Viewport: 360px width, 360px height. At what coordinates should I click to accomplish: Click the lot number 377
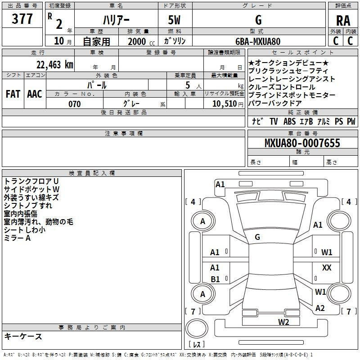pyautogui.click(x=22, y=18)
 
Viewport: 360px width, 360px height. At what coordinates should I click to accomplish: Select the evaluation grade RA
pyautogui.click(x=343, y=21)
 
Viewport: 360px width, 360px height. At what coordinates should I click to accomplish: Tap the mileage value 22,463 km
pyautogui.click(x=55, y=65)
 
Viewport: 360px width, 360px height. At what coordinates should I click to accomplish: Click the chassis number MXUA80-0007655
pyautogui.click(x=302, y=143)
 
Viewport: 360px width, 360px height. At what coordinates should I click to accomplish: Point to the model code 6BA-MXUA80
pyautogui.click(x=258, y=41)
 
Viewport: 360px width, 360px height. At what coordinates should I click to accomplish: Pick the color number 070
pyautogui.click(x=75, y=104)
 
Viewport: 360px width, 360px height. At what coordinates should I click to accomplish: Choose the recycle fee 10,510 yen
pyautogui.click(x=228, y=104)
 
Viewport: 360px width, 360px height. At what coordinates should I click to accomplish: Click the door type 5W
pyautogui.click(x=174, y=20)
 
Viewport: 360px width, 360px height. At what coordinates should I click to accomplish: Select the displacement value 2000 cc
pyautogui.click(x=141, y=41)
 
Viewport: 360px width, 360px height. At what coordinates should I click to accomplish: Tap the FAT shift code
pyautogui.click(x=13, y=94)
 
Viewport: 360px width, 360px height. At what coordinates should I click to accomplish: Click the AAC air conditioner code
pyautogui.click(x=35, y=94)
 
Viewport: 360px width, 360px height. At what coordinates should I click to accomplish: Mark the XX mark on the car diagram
pyautogui.click(x=327, y=267)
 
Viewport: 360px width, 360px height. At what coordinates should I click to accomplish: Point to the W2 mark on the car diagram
pyautogui.click(x=283, y=322)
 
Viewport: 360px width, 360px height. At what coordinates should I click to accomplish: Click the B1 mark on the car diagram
pyautogui.click(x=215, y=279)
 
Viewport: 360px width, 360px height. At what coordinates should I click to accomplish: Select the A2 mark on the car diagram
pyautogui.click(x=320, y=308)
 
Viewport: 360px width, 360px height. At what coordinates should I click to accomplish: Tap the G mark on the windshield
pyautogui.click(x=257, y=237)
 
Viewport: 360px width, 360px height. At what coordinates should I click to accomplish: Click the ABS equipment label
pyautogui.click(x=289, y=121)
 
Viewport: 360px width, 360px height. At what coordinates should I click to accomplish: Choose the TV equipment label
pyautogui.click(x=274, y=121)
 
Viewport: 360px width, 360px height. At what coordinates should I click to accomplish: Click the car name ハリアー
pyautogui.click(x=116, y=20)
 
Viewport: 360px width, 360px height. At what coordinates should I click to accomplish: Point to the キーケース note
pyautogui.click(x=23, y=336)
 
